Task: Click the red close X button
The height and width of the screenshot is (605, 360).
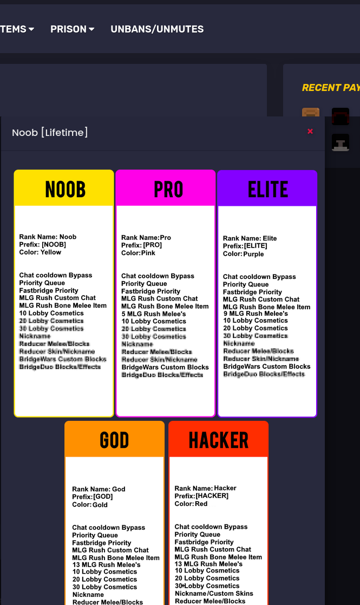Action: pyautogui.click(x=310, y=131)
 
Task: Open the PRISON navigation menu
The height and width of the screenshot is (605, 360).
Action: pyautogui.click(x=72, y=29)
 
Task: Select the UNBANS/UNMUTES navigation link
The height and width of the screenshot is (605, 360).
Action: pyautogui.click(x=157, y=29)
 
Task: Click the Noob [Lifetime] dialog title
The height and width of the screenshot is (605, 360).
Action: pyautogui.click(x=50, y=133)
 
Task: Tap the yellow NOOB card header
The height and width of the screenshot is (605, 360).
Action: pyautogui.click(x=64, y=188)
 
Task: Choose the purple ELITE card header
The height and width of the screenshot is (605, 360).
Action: pyautogui.click(x=267, y=189)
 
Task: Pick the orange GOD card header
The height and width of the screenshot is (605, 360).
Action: pyautogui.click(x=114, y=440)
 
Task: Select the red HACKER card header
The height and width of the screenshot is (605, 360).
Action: pyautogui.click(x=218, y=440)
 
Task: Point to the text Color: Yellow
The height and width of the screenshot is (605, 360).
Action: pyautogui.click(x=40, y=252)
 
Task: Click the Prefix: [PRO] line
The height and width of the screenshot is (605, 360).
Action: pyautogui.click(x=141, y=245)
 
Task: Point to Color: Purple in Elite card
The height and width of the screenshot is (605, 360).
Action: pyautogui.click(x=244, y=254)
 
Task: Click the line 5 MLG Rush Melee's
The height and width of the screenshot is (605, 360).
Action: pyautogui.click(x=146, y=314)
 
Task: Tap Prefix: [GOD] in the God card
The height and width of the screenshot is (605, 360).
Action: pyautogui.click(x=93, y=497)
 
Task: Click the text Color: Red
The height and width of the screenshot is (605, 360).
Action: pyautogui.click(x=191, y=504)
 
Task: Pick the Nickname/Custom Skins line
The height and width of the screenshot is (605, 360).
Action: pyautogui.click(x=214, y=594)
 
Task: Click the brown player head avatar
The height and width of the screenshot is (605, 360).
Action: pyautogui.click(x=311, y=113)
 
